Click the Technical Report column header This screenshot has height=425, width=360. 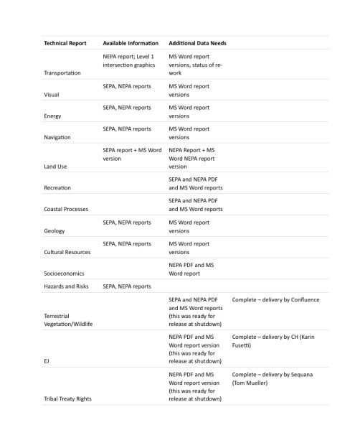pos(65,43)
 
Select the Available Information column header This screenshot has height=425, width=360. pos(131,43)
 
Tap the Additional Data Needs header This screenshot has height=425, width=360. pos(197,43)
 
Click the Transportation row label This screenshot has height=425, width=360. pos(62,73)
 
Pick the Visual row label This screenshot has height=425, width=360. pos(52,94)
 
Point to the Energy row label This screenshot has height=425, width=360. pos(53,116)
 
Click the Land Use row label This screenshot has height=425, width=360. pos(56,166)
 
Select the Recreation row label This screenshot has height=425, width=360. pos(57,187)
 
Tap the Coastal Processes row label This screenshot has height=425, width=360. pos(66,209)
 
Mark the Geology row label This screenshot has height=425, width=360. pos(55,230)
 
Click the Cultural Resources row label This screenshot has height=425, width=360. pos(67,252)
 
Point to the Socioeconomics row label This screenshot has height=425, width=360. pos(64,274)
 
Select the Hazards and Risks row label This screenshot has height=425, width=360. pos(67,286)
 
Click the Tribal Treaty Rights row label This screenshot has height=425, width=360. pos(67,398)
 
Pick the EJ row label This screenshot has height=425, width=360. pos(47,361)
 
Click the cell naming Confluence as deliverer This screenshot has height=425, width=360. pos(275,299)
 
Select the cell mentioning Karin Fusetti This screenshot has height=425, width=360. pos(273,341)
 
